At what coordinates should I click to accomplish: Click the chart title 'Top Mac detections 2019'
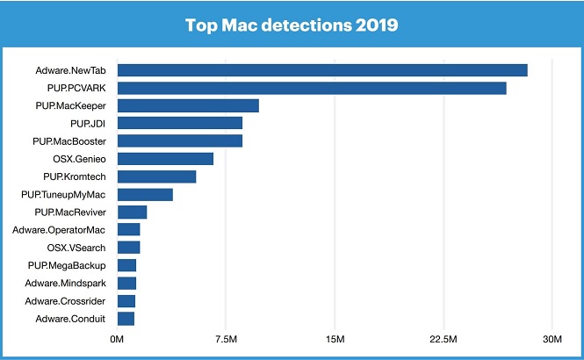pyautogui.click(x=292, y=25)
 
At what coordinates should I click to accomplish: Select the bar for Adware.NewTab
pyautogui.click(x=322, y=70)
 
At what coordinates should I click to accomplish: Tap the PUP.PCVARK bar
pyautogui.click(x=312, y=88)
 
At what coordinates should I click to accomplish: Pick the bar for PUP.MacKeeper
pyautogui.click(x=188, y=105)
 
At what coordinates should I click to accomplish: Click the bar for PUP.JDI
pyautogui.click(x=180, y=123)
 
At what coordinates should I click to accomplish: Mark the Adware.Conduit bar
pyautogui.click(x=126, y=319)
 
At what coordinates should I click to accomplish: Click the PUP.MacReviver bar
pyautogui.click(x=132, y=212)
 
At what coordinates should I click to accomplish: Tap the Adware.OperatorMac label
pyautogui.click(x=59, y=230)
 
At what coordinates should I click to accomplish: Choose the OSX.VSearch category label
pyautogui.click(x=76, y=248)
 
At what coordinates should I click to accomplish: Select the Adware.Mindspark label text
pyautogui.click(x=61, y=283)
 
